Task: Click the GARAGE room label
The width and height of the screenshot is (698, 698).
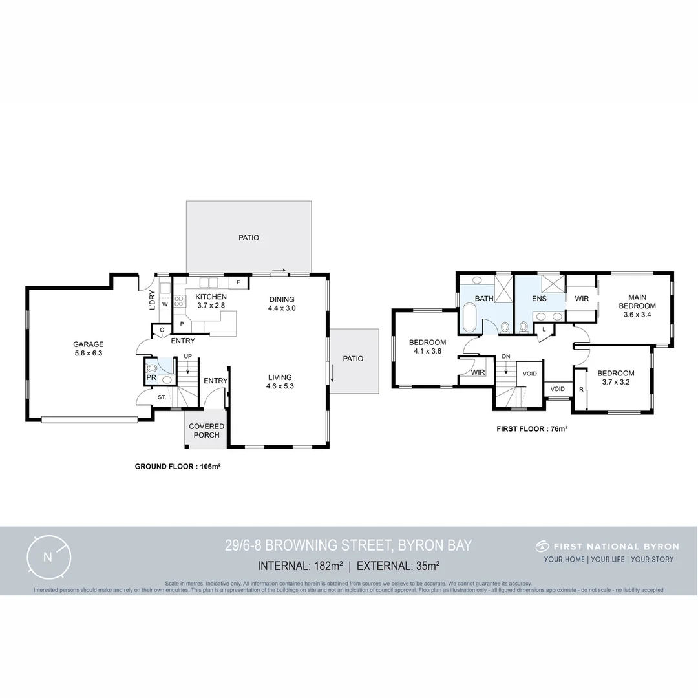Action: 88,348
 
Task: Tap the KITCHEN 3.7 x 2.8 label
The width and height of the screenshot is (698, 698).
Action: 211,301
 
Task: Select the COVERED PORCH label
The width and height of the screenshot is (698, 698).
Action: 206,430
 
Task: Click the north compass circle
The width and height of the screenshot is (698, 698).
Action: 48,556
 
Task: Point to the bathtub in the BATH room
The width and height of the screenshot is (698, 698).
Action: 470,319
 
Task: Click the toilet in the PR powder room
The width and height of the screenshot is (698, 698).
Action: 151,369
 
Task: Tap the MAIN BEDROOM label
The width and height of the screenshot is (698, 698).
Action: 637,310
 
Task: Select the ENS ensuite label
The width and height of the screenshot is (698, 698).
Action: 539,299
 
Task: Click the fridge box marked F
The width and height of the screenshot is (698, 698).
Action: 238,283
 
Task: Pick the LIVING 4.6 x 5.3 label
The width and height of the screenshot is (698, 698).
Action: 280,381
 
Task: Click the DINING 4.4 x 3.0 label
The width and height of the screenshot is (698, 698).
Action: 281,304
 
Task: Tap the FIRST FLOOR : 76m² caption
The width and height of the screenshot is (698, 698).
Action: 531,428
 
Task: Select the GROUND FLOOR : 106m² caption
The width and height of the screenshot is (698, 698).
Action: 178,466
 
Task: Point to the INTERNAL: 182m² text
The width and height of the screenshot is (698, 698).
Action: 300,566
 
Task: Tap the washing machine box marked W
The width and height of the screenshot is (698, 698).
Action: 165,304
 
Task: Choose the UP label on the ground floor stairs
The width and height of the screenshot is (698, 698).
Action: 187,357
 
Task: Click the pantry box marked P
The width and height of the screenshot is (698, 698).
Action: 182,324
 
